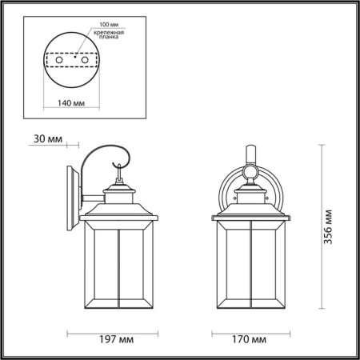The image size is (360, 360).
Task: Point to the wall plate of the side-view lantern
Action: click(71, 192)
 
